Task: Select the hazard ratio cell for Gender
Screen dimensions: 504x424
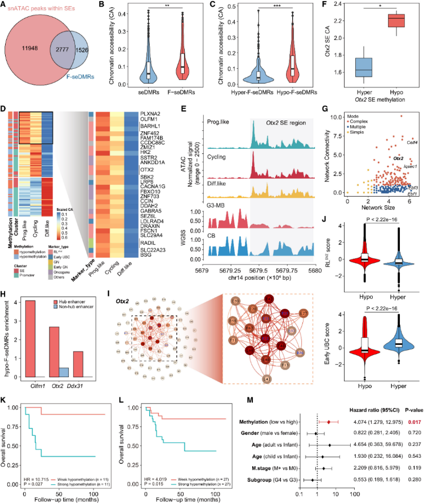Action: tap(362, 433)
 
